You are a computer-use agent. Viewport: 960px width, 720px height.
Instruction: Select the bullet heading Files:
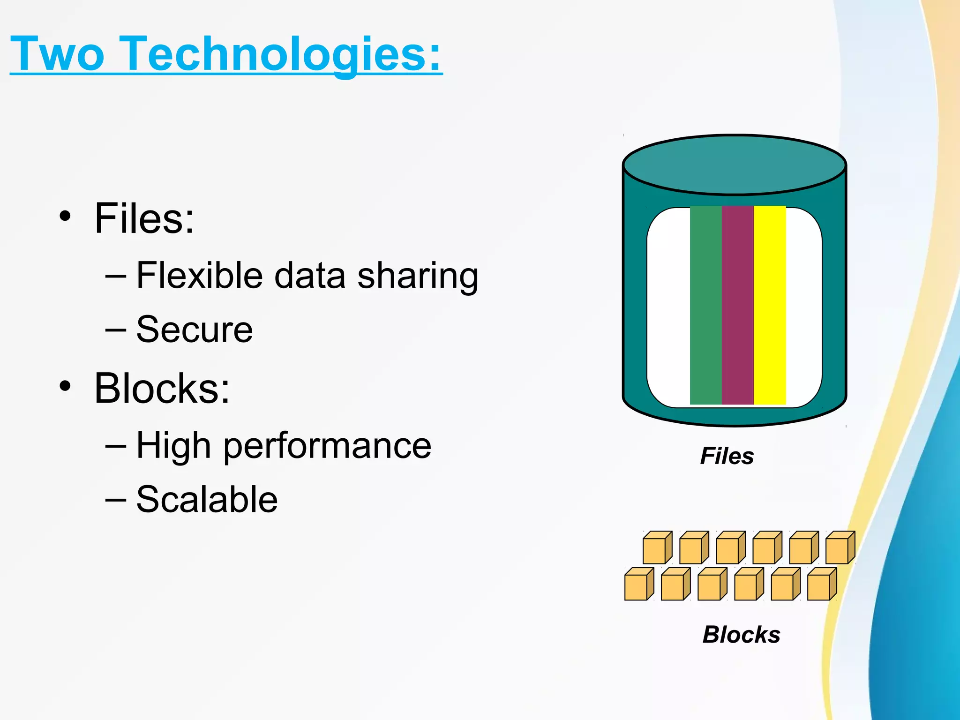(144, 218)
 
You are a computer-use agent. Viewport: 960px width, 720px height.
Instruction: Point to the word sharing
(418, 277)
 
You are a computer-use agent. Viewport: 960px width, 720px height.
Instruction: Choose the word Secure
(194, 330)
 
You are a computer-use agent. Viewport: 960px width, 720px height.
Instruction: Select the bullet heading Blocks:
(162, 388)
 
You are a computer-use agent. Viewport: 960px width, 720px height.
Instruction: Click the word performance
(327, 446)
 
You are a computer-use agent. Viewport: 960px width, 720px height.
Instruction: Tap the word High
(173, 446)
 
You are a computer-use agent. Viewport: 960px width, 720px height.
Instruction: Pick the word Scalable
(207, 500)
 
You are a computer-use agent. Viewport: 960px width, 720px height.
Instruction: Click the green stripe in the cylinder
(705, 305)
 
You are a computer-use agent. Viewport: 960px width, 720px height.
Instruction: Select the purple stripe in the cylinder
(737, 305)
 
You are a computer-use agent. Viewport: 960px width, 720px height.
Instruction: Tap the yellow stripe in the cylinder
(769, 305)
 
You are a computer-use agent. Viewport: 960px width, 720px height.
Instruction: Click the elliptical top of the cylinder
(734, 165)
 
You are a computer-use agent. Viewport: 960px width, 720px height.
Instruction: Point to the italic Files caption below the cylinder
(727, 456)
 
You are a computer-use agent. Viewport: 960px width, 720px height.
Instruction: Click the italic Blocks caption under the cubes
(741, 635)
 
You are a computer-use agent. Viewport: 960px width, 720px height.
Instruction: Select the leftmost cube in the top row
(656, 548)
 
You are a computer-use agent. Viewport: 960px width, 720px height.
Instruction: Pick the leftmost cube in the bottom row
(638, 585)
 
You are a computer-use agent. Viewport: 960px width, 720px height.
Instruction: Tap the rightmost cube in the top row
(839, 548)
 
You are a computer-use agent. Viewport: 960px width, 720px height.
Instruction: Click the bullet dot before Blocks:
(65, 386)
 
